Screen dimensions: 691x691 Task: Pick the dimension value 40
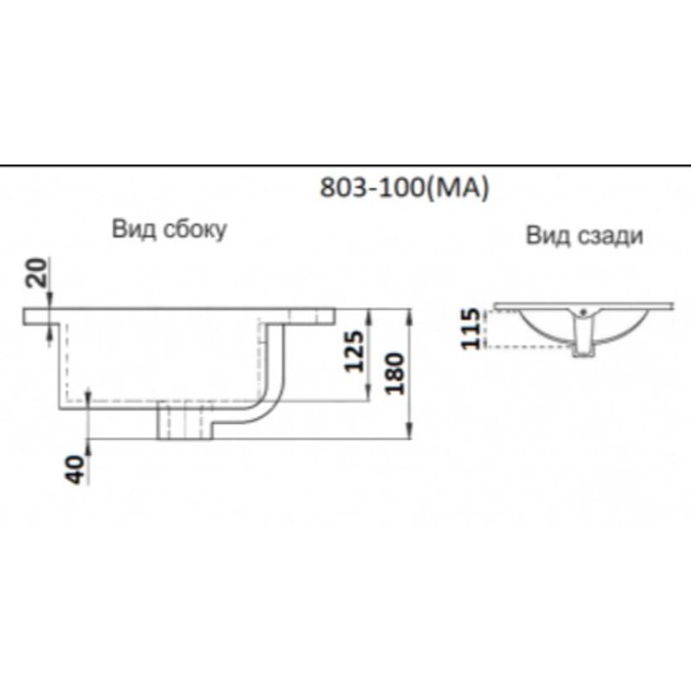pos(77,467)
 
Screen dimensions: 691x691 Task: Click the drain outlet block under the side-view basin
pos(182,422)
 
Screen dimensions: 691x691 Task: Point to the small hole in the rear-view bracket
pos(584,311)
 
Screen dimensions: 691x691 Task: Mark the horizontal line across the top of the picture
pos(345,165)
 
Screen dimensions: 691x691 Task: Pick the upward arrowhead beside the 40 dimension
pos(89,395)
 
